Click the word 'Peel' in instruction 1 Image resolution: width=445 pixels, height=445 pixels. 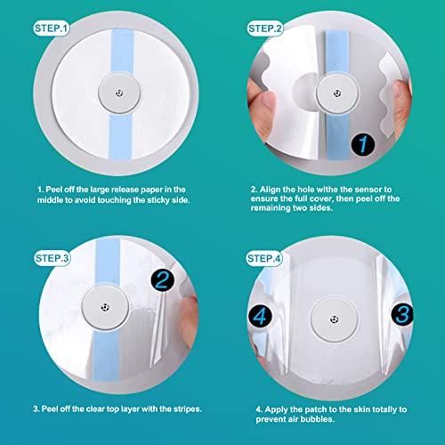[58, 190]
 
